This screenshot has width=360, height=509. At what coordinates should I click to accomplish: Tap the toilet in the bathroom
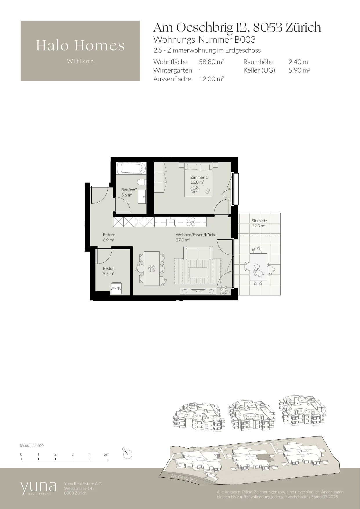pos(141,183)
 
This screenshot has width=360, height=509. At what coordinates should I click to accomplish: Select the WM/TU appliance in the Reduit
pos(116,288)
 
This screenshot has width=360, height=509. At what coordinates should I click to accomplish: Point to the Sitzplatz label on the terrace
pos(259,223)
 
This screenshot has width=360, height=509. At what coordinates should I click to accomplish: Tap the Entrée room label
pos(109,237)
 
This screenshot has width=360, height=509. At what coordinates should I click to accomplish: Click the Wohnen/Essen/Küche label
pos(196,237)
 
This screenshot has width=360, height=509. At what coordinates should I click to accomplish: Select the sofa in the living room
pos(198,253)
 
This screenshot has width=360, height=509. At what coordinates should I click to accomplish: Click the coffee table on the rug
pos(198,273)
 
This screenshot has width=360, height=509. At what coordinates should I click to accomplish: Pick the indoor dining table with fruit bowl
pos(151,268)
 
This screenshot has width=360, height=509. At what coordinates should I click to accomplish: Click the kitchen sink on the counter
pos(170,222)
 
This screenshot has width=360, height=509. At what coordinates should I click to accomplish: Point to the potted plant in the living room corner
pos(224,290)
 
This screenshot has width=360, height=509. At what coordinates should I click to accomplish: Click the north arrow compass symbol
pos(127,454)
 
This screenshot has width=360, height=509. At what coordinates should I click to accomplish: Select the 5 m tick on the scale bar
pos(109,459)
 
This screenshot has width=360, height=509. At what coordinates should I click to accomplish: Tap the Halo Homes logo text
pos(80,46)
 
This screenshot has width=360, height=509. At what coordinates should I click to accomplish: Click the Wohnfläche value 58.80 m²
pos(211,62)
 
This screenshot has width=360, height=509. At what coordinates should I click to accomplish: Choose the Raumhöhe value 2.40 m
pos(298,62)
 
